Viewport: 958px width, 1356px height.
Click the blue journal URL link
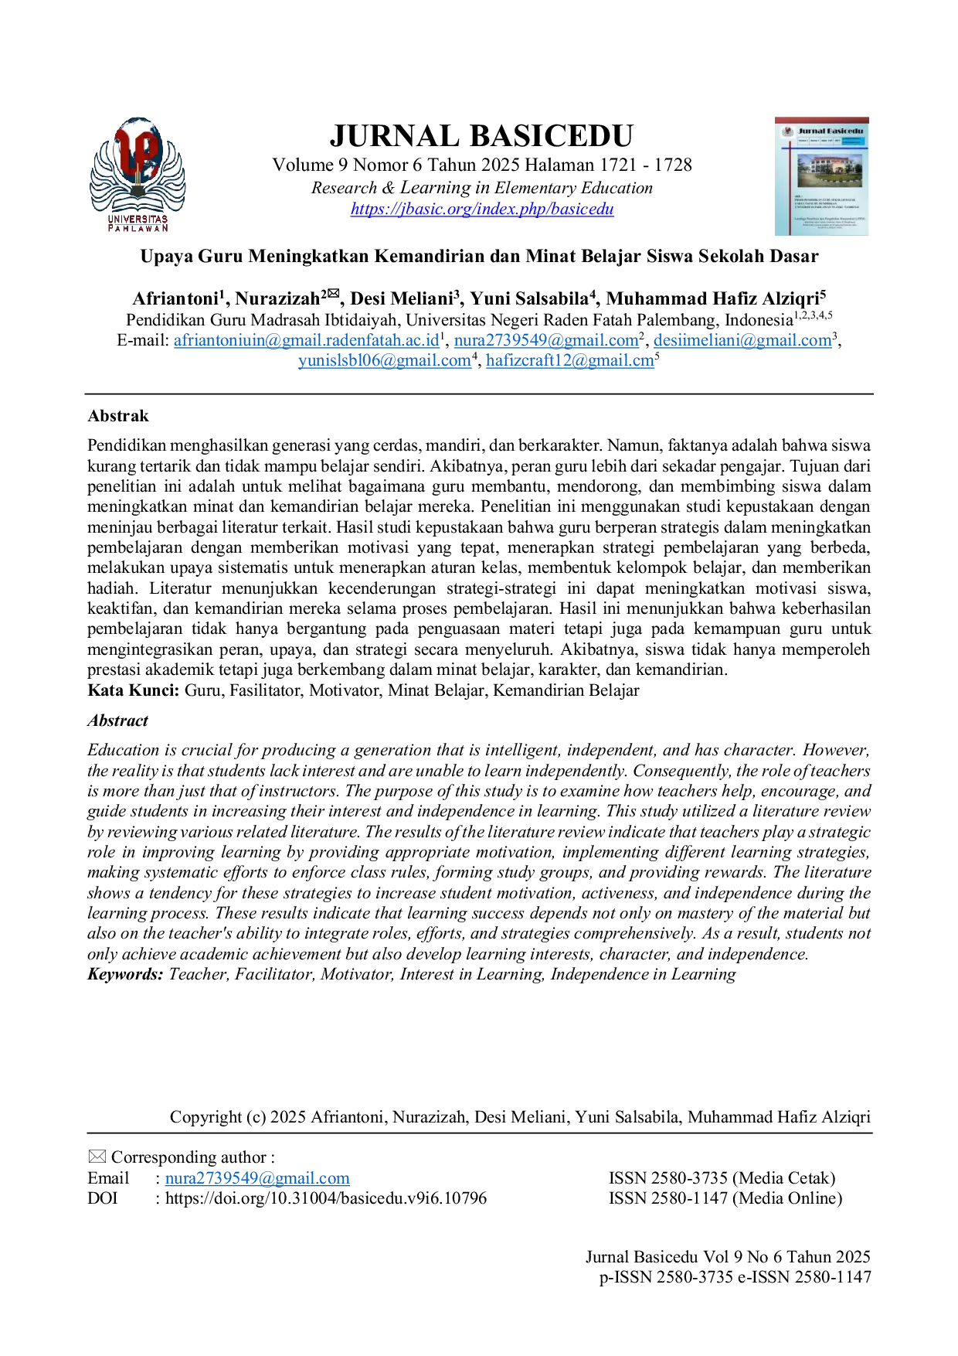click(482, 210)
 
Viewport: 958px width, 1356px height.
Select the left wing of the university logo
click(104, 182)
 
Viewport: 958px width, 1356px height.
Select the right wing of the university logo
click(173, 182)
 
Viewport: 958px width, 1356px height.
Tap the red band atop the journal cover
click(821, 116)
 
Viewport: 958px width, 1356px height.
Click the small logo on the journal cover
click(787, 131)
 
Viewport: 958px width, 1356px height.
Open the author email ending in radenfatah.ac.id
click(307, 340)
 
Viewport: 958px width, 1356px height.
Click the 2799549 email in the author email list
click(546, 340)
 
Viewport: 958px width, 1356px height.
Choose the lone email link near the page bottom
click(257, 1179)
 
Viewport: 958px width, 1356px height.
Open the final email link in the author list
click(569, 361)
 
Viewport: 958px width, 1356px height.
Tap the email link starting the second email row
click(384, 361)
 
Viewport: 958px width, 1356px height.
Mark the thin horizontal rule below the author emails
click(479, 393)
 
